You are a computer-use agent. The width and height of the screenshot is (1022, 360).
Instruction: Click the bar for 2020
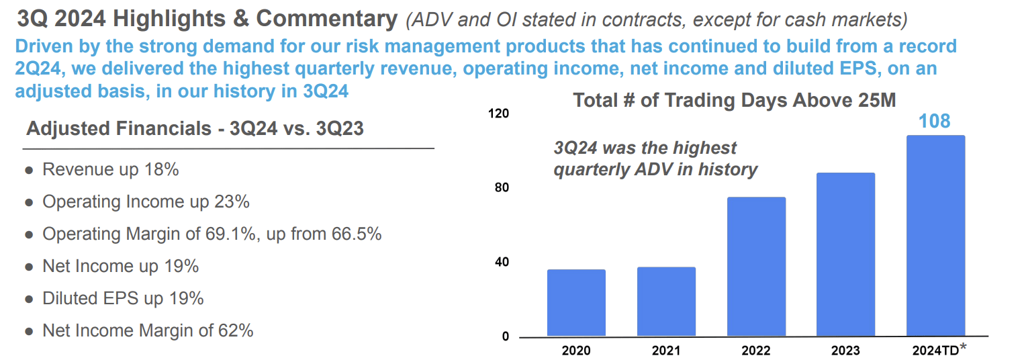[576, 303]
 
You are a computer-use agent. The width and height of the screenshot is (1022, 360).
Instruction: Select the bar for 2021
[666, 302]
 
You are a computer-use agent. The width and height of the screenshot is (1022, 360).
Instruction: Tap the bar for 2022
[756, 267]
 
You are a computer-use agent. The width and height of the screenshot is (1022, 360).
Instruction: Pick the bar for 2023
[845, 255]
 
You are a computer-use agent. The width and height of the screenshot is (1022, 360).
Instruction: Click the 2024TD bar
[935, 236]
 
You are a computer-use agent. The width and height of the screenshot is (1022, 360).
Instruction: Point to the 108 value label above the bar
[934, 121]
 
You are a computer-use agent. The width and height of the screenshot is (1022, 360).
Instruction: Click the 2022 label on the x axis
[755, 350]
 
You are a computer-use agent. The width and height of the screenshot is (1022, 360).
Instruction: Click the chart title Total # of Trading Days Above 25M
[734, 100]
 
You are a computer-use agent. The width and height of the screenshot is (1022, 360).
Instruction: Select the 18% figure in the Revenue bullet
[162, 170]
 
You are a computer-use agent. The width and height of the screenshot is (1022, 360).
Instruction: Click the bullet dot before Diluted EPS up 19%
[29, 300]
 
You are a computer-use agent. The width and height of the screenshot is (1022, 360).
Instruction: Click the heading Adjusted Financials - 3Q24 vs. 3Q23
[195, 129]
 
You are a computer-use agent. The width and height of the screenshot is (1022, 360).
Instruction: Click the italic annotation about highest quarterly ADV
[655, 159]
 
